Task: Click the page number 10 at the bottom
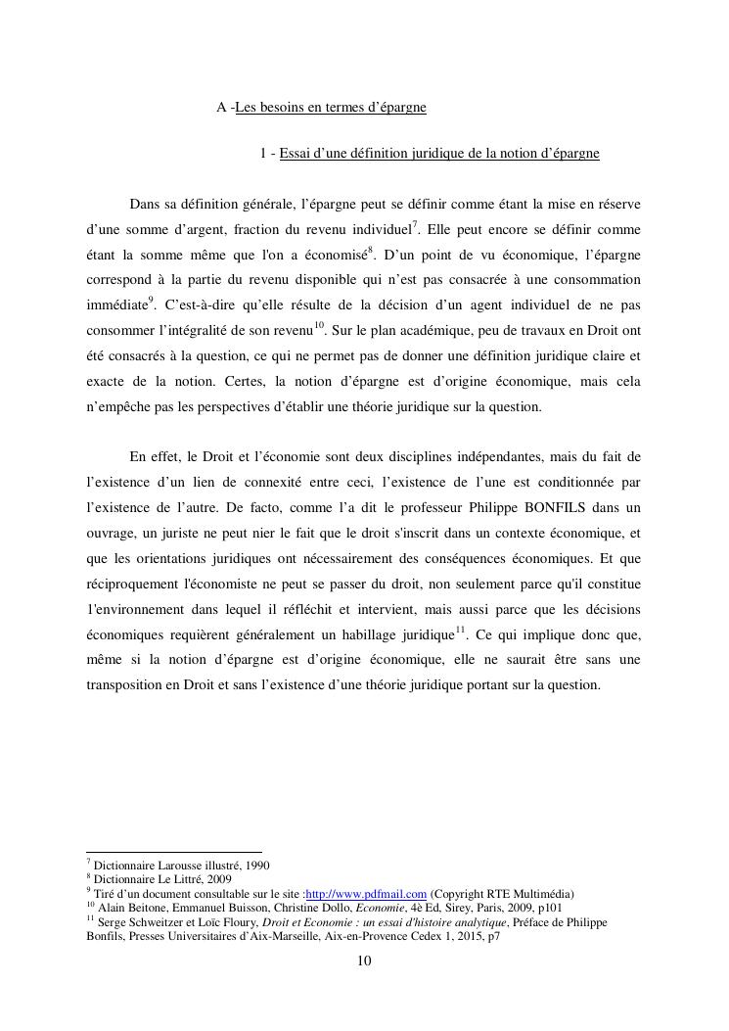364,961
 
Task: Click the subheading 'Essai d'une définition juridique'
438,154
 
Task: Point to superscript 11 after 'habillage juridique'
460,630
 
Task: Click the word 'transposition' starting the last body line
125,685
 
